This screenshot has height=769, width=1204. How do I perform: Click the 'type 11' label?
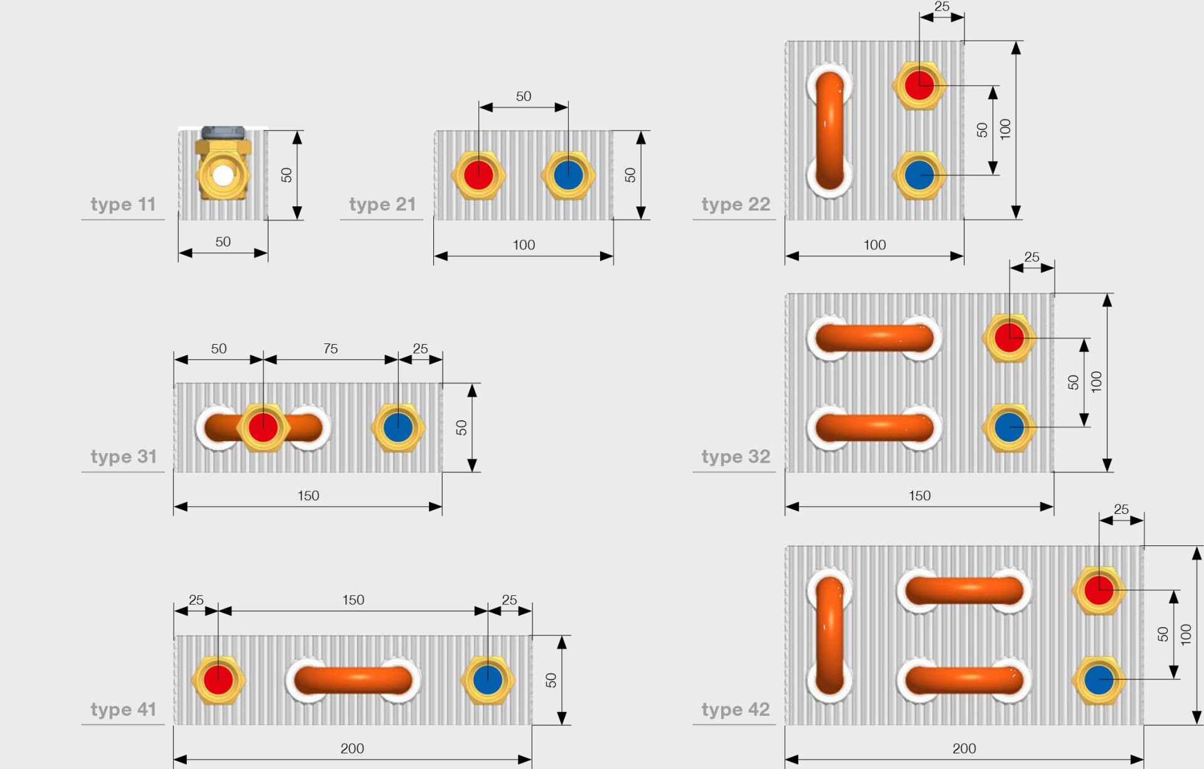coord(123,204)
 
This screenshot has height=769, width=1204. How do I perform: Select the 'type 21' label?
coord(383,204)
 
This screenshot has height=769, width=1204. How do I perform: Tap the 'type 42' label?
coord(736,709)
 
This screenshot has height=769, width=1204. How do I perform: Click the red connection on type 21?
coord(478,175)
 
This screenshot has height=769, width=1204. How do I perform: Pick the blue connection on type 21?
coord(568,175)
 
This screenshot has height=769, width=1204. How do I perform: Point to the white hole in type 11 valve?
coord(223,175)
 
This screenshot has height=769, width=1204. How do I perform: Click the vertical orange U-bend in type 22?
coord(830,130)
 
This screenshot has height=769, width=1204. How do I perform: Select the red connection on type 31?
coord(263,427)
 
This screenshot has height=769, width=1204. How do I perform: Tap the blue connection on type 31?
coord(398,427)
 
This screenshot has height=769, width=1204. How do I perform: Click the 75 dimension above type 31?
coord(330,348)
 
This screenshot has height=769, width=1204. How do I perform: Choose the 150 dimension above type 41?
coord(353,600)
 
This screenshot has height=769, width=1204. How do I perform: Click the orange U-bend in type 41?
coord(353,680)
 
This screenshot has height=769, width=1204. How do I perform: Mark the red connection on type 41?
coord(218,680)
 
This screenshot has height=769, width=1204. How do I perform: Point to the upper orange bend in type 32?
coord(875,338)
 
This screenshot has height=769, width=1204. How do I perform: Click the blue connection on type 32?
coord(1009,427)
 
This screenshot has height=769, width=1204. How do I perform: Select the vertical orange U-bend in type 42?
coord(830,636)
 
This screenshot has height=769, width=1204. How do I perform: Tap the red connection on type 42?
coord(1099,590)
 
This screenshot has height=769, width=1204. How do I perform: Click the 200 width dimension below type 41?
coord(352,748)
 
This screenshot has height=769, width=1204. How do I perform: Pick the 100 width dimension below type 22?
coord(875,245)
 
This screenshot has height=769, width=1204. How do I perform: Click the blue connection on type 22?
coord(919,175)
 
